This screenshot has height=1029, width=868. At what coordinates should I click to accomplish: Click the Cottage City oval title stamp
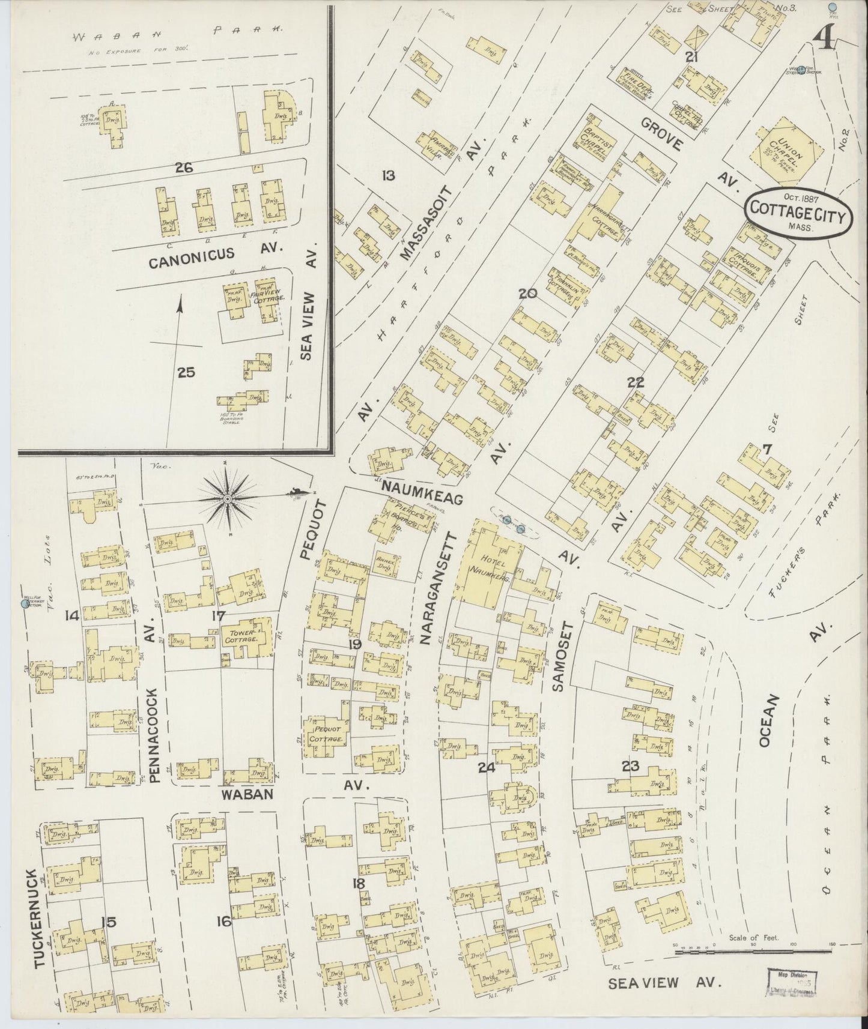point(797,214)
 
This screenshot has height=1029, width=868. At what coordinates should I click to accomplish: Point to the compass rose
point(228,498)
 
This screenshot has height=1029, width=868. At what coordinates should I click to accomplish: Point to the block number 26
point(183,169)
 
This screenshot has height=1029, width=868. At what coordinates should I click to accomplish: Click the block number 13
point(388,175)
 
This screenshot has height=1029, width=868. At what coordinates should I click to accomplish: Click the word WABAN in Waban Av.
point(247,794)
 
